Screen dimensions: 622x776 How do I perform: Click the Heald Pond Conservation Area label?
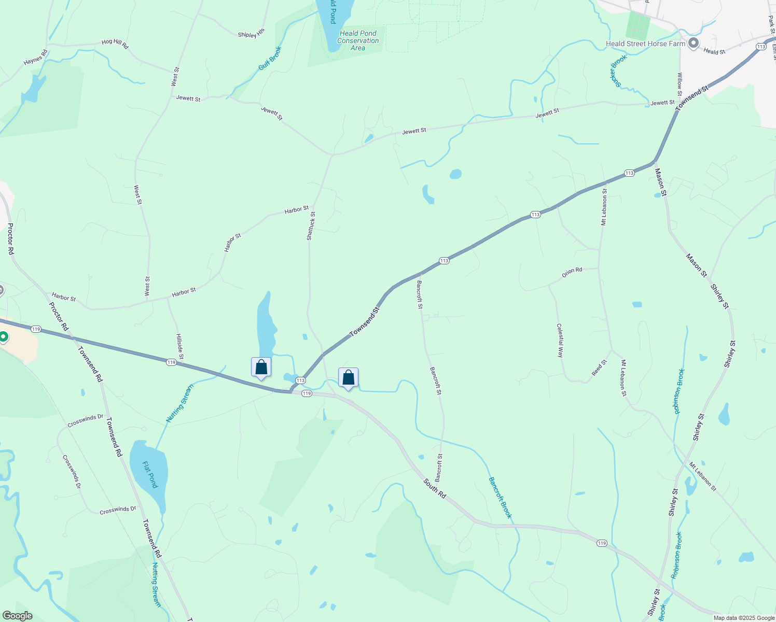358,40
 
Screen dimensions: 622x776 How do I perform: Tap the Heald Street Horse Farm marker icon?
693,44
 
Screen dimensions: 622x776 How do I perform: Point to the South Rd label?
435,489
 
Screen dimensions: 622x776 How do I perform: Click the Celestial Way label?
560,341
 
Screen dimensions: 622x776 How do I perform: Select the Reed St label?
599,368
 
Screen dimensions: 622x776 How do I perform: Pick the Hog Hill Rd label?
115,44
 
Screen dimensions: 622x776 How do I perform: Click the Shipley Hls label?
251,34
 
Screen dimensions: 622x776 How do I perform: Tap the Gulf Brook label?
270,59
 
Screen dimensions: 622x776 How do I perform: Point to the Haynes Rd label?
35,58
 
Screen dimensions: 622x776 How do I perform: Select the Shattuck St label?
310,225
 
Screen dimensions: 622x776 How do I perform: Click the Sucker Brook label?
618,70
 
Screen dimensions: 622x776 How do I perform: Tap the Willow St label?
680,84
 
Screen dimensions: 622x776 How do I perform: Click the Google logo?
17,616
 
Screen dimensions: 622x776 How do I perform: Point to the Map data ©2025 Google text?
743,618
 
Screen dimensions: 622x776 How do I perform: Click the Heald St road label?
714,51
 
